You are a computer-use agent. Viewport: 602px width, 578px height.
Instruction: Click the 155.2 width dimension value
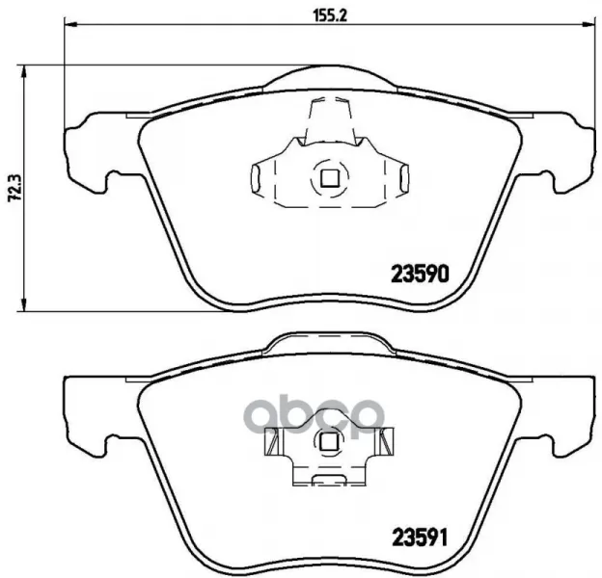[x=330, y=15]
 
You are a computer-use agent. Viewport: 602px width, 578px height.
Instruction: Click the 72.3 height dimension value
[x=14, y=188]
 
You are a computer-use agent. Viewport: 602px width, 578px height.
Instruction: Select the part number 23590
[x=420, y=274]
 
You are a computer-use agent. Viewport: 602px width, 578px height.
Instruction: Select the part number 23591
[x=419, y=537]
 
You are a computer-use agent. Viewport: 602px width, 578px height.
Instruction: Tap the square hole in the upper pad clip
[x=329, y=178]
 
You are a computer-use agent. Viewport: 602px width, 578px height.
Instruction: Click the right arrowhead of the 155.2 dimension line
[x=590, y=24]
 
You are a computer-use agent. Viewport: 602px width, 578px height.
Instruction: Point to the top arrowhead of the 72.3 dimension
[x=24, y=71]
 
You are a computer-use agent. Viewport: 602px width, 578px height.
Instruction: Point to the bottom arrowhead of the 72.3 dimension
[x=24, y=304]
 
